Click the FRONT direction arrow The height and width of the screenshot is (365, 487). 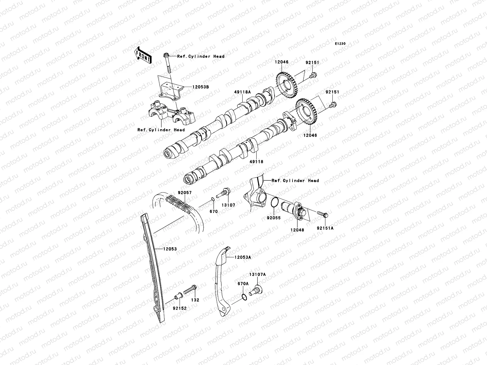[x=143, y=55]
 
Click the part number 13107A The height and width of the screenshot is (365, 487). [x=258, y=274]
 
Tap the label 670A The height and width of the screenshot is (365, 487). [x=243, y=283]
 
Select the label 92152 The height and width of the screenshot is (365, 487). [x=180, y=308]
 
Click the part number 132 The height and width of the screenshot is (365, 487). [x=195, y=300]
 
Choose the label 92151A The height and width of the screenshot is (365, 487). [x=325, y=228]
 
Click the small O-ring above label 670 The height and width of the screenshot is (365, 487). [x=213, y=200]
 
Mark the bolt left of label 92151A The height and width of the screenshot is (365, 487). [x=323, y=214]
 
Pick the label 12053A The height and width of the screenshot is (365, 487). [x=243, y=257]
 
